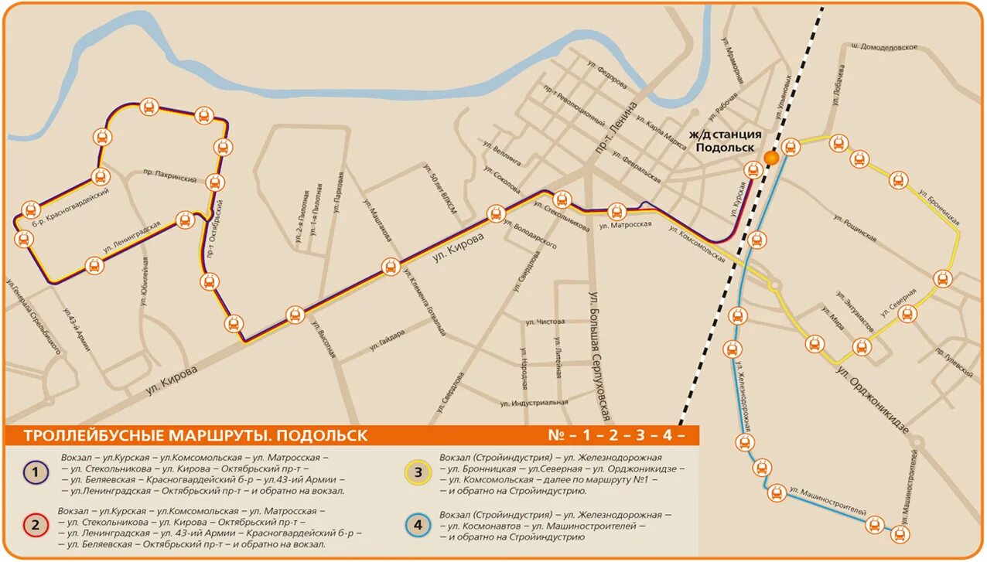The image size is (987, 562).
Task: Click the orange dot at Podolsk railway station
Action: click(x=770, y=158)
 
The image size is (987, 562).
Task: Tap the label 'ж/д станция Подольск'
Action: click(x=728, y=141)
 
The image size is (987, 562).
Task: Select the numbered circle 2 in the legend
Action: click(x=33, y=526)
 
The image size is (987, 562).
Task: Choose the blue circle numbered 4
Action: click(x=418, y=526)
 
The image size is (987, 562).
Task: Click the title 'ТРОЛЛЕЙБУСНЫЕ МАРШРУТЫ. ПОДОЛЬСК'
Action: click(x=196, y=435)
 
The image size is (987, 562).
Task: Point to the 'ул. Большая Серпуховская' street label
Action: click(x=601, y=356)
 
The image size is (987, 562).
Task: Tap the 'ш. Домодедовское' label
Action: click(x=884, y=47)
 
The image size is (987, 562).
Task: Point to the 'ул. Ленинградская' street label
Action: click(x=132, y=237)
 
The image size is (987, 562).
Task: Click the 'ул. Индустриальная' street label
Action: click(x=534, y=403)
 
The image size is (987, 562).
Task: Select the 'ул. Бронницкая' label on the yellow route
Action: click(x=939, y=205)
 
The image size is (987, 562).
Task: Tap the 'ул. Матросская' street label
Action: click(x=626, y=225)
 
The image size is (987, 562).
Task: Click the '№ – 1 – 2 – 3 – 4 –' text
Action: click(x=616, y=435)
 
